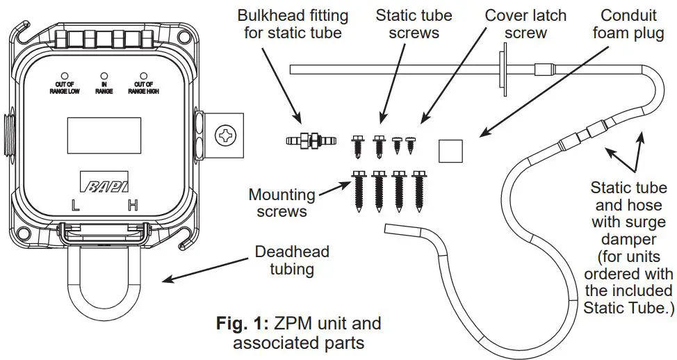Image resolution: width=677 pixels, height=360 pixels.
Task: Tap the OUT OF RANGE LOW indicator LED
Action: coord(64,74)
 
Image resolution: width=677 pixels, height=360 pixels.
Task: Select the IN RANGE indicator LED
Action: coord(104,74)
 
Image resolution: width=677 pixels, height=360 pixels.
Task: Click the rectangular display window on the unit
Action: coord(104,134)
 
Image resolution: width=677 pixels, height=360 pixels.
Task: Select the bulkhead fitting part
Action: coord(311,142)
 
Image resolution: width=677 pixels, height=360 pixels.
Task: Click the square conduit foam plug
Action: coord(451,149)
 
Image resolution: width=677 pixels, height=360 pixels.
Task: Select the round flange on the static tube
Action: coord(500,71)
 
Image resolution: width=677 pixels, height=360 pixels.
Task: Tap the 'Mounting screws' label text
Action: coord(282,202)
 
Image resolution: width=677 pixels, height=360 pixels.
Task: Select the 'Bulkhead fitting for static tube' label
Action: coord(294,24)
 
